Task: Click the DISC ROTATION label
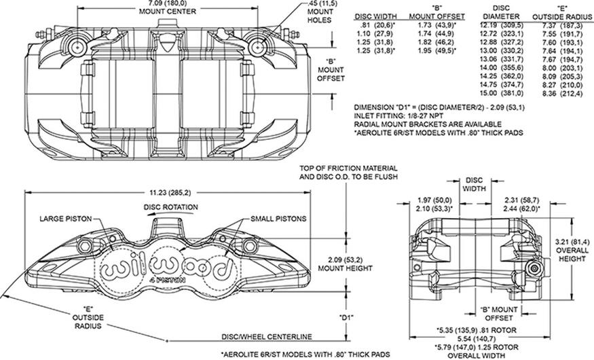coord(170,207)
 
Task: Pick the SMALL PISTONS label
coord(278,219)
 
